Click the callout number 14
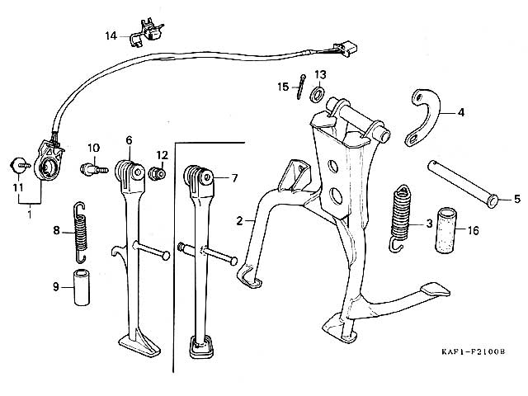(x=111, y=35)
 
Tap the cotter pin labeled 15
(x=301, y=87)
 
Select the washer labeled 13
(x=317, y=93)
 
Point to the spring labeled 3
(x=401, y=218)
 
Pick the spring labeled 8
(x=80, y=233)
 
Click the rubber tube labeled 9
(x=82, y=287)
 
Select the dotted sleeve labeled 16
(x=446, y=230)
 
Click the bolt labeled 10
(x=94, y=169)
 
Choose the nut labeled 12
(x=157, y=172)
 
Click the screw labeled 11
(x=20, y=166)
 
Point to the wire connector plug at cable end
(x=345, y=49)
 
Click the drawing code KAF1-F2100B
(x=474, y=352)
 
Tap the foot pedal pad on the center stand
(x=435, y=290)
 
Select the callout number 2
(x=239, y=221)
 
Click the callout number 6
(x=130, y=140)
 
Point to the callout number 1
(x=30, y=214)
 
